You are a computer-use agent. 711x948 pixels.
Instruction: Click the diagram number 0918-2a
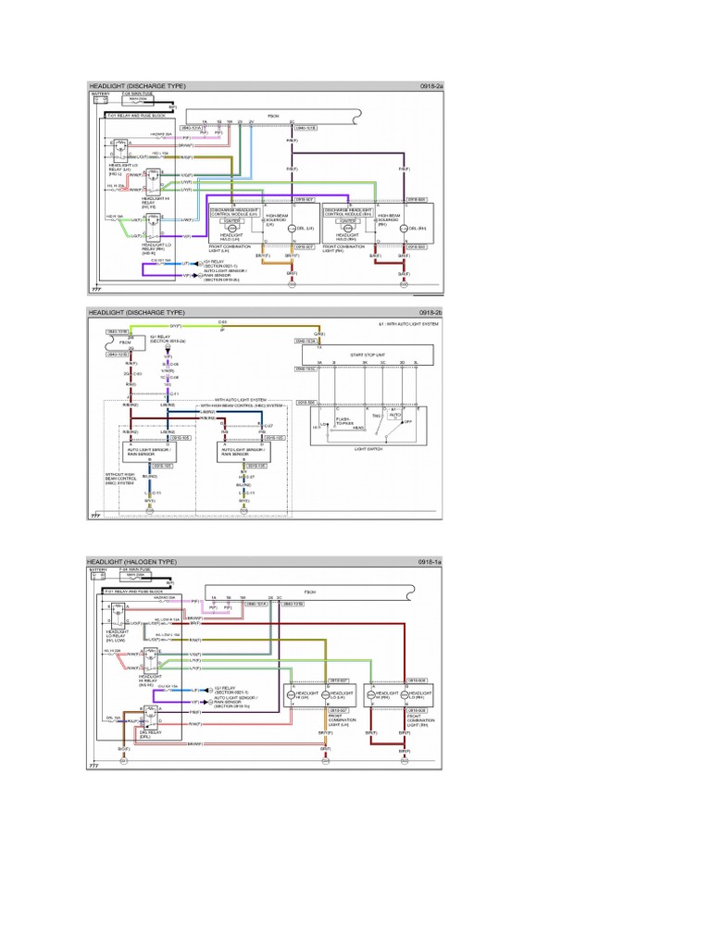430,86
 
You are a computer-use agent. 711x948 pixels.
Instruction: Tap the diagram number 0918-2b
430,313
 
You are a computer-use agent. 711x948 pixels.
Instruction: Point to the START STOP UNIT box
368,354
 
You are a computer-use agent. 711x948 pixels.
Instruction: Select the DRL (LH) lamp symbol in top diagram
288,228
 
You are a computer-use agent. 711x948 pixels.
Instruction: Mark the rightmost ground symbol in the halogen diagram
405,761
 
